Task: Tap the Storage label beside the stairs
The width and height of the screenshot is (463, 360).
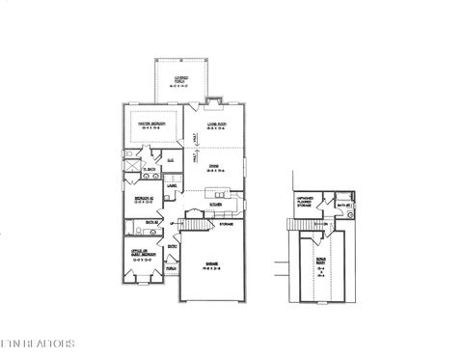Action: [227, 224]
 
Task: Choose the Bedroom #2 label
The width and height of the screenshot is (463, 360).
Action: [141, 201]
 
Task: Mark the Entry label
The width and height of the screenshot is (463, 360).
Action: [173, 246]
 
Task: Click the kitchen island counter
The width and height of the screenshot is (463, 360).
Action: [217, 191]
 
